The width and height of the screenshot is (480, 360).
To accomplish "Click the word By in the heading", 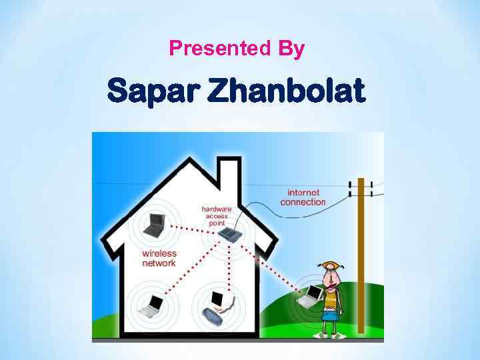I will (x=291, y=49).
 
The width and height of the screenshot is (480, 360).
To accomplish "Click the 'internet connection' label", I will (x=303, y=197).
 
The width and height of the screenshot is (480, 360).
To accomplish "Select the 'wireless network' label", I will (x=159, y=258).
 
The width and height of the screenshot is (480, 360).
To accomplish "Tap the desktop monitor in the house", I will (x=217, y=299).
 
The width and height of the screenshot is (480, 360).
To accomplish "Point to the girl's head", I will (x=330, y=273).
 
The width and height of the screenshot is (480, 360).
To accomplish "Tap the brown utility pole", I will (x=361, y=253).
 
